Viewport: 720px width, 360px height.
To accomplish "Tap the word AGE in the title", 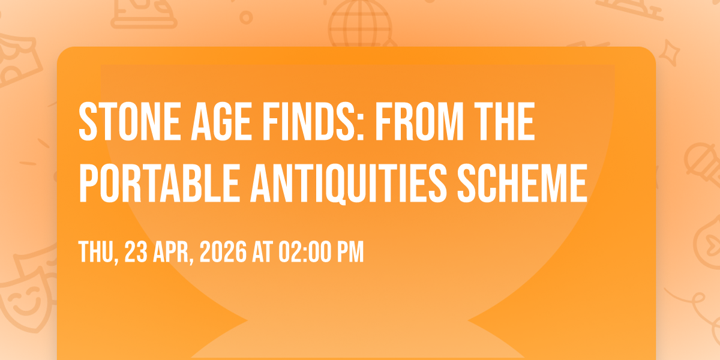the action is [x=221, y=121].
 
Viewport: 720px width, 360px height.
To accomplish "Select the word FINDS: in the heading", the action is [x=313, y=121].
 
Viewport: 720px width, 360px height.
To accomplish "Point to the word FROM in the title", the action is [x=419, y=121].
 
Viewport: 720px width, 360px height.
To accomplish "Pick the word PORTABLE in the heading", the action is [x=160, y=183].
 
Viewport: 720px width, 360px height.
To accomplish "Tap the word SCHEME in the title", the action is [x=523, y=183].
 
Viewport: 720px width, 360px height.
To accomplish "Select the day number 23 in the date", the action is [x=136, y=252].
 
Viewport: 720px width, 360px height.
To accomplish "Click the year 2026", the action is [x=223, y=252].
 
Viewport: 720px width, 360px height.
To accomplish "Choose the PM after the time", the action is [x=350, y=252].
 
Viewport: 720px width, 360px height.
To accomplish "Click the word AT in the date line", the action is [x=263, y=252].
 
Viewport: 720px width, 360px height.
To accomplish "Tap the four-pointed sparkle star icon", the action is [x=670, y=52].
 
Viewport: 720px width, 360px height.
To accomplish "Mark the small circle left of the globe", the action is [x=246, y=17].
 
